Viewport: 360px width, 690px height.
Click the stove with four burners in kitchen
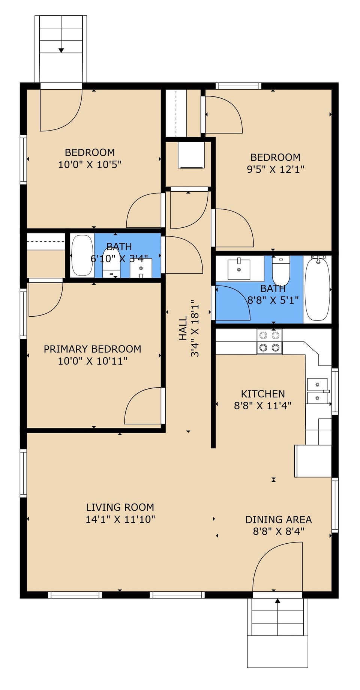click(269, 341)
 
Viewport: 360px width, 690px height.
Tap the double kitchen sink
click(317, 391)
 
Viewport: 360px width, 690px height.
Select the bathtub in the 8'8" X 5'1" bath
click(317, 289)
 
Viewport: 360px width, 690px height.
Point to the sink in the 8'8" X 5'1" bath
click(239, 269)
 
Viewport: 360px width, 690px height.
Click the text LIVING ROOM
click(120, 507)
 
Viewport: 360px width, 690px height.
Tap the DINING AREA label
click(278, 520)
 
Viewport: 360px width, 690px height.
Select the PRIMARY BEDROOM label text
click(92, 349)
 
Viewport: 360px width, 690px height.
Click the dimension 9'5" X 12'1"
click(275, 169)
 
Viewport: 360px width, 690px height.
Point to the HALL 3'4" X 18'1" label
click(189, 328)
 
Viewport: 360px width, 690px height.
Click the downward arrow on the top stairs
click(61, 50)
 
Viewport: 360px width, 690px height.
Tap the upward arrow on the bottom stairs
click(277, 601)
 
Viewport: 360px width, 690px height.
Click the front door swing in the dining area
click(277, 567)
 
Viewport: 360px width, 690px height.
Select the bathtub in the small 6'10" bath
click(82, 256)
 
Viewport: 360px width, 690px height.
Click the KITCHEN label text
click(262, 394)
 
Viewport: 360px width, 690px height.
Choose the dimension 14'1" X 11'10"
click(120, 519)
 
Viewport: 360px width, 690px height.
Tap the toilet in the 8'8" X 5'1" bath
click(281, 271)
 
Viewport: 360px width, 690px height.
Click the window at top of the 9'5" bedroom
click(238, 86)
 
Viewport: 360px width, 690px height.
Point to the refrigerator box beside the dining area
click(313, 461)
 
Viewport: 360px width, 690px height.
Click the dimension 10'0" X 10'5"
click(90, 164)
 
